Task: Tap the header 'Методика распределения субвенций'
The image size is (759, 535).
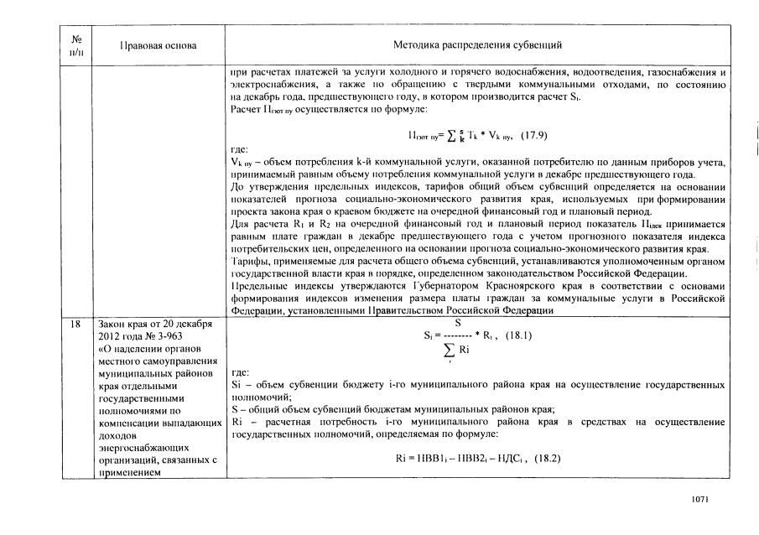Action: tap(477, 44)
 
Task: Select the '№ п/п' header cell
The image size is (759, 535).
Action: tap(77, 44)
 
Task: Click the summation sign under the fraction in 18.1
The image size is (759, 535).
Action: tap(450, 349)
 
